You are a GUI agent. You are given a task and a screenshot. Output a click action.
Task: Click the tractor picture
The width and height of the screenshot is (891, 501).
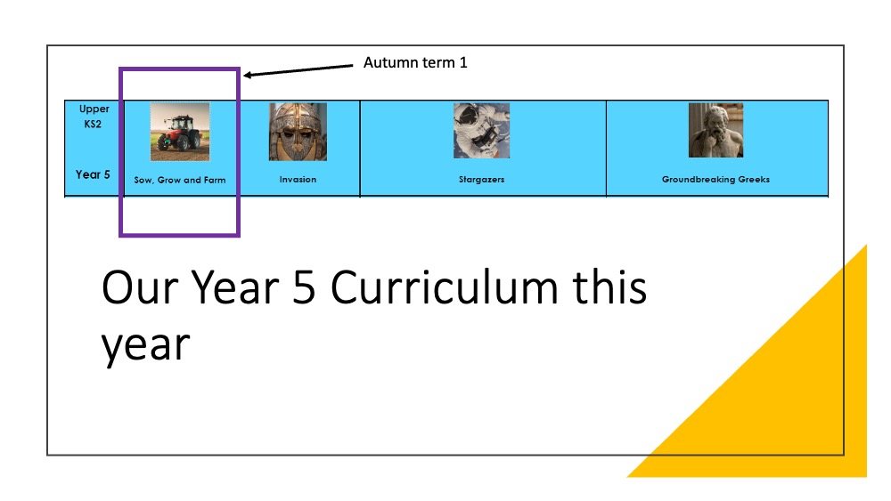point(180,132)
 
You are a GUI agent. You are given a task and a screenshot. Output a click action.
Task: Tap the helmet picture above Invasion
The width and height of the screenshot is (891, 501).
point(298,132)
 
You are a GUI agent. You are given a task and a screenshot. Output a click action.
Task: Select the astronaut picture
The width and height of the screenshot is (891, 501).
point(481,131)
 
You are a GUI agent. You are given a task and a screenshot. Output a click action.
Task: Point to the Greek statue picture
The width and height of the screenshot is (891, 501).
point(715,130)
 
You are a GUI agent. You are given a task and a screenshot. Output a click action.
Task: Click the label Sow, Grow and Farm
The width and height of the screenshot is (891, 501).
point(180,180)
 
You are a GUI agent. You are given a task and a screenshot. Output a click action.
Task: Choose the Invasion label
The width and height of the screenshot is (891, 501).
point(298,179)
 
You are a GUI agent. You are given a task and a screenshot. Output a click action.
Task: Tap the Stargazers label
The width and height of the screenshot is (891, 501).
point(481,179)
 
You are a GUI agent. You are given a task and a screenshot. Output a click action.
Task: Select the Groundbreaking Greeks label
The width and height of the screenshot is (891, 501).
point(715,179)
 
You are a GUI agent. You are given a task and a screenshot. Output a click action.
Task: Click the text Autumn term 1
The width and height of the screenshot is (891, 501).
point(415,62)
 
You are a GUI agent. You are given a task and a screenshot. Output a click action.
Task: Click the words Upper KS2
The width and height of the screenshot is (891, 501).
point(94,117)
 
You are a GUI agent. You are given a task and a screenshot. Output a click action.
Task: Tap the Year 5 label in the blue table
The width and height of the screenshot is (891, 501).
point(93,174)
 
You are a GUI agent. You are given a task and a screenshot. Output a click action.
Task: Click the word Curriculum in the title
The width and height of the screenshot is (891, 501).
point(444,287)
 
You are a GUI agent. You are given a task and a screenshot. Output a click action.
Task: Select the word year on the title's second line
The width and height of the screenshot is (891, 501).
point(145,346)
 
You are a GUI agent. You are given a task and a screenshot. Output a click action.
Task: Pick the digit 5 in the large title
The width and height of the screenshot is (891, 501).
point(304,288)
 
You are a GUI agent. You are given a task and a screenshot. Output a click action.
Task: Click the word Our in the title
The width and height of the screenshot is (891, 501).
point(140,287)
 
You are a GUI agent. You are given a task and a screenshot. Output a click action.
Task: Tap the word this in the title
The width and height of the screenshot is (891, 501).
point(609,287)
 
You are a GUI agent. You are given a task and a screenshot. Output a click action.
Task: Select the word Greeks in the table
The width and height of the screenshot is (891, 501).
point(754,179)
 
